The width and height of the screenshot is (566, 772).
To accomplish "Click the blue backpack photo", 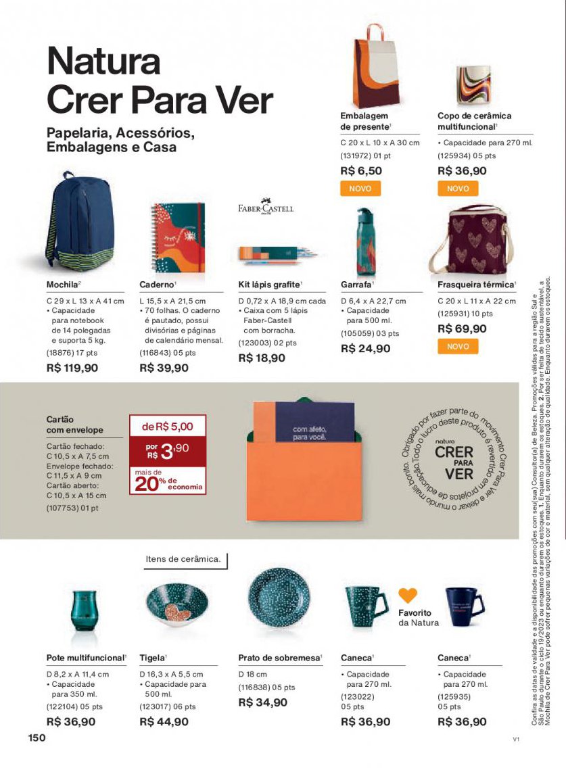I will [x=78, y=222].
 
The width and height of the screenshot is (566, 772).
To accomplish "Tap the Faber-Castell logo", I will [x=265, y=206].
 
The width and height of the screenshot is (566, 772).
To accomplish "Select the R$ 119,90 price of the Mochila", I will [x=72, y=368].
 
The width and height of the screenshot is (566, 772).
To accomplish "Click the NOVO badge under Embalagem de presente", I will [x=360, y=189].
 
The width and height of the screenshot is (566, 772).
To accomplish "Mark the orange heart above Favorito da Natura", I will [x=407, y=595].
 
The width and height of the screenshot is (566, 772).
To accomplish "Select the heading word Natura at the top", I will [x=103, y=61].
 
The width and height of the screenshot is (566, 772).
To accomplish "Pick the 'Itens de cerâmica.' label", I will [x=183, y=559].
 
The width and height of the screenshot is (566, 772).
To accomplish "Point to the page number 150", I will [x=37, y=737].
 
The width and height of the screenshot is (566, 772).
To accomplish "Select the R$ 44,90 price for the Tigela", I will [x=164, y=721].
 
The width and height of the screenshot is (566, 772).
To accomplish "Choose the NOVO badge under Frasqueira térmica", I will [x=457, y=346].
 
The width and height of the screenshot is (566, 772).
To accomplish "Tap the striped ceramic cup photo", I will [x=473, y=85].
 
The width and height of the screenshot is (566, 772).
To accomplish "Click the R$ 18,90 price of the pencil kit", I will [x=262, y=358].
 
